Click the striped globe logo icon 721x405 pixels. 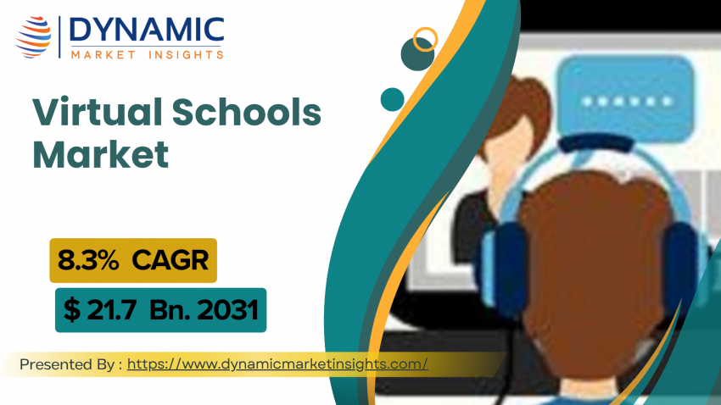[33, 36]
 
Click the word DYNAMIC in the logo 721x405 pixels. [147, 31]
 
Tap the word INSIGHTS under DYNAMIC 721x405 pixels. [187, 55]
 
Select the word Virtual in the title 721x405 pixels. [97, 112]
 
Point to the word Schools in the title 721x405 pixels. [247, 112]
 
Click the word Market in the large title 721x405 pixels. [101, 154]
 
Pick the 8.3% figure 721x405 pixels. [88, 260]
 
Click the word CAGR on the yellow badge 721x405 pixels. [170, 260]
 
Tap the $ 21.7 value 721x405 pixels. [100, 310]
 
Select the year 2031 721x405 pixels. [227, 310]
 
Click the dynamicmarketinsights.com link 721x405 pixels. [277, 364]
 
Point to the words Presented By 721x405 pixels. [68, 364]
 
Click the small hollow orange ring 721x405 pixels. [425, 39]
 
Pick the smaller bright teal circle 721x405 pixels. [392, 100]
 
